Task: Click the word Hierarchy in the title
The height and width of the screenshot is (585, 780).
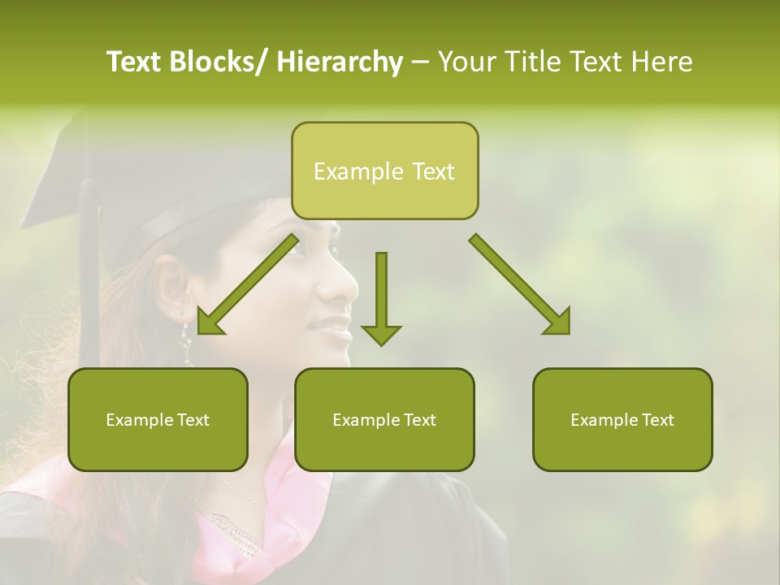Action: pos(340,63)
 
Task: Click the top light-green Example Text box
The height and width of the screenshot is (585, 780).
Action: pos(384,171)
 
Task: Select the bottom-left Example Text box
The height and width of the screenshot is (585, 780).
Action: pos(158,420)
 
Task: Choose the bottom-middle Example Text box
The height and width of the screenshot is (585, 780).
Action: pos(384,420)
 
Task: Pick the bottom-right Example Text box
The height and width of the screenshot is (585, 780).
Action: pos(622,420)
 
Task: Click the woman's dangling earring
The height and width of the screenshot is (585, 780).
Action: pos(186,341)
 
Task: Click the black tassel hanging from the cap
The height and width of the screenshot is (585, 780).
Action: pos(88,276)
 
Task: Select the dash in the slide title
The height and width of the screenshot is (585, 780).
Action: pos(420,63)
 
